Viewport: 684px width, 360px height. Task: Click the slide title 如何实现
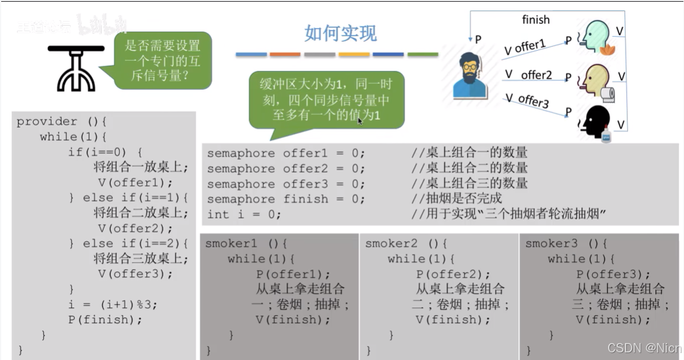click(x=340, y=33)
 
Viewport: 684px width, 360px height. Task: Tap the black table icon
click(x=76, y=67)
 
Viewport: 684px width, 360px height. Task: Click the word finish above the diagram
click(x=535, y=20)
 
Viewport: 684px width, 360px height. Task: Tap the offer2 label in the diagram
click(x=536, y=75)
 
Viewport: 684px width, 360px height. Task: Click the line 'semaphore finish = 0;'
click(x=286, y=199)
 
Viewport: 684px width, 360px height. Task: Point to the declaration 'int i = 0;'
click(x=244, y=214)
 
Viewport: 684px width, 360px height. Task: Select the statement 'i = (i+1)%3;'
click(x=113, y=304)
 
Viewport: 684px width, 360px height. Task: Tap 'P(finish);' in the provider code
click(x=105, y=319)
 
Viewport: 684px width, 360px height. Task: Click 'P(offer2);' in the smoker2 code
click(x=453, y=274)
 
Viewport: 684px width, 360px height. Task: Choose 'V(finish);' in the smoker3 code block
click(x=613, y=319)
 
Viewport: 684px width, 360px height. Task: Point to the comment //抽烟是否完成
click(x=456, y=199)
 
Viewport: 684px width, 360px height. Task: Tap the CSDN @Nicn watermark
click(x=644, y=348)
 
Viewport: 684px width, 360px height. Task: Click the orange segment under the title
click(x=285, y=55)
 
